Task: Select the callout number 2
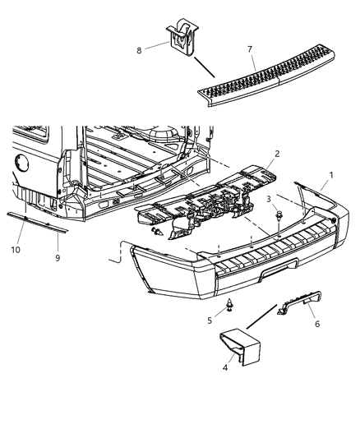pyautogui.click(x=256, y=154)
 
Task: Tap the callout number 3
pyautogui.click(x=268, y=200)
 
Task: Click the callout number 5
pyautogui.click(x=209, y=321)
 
